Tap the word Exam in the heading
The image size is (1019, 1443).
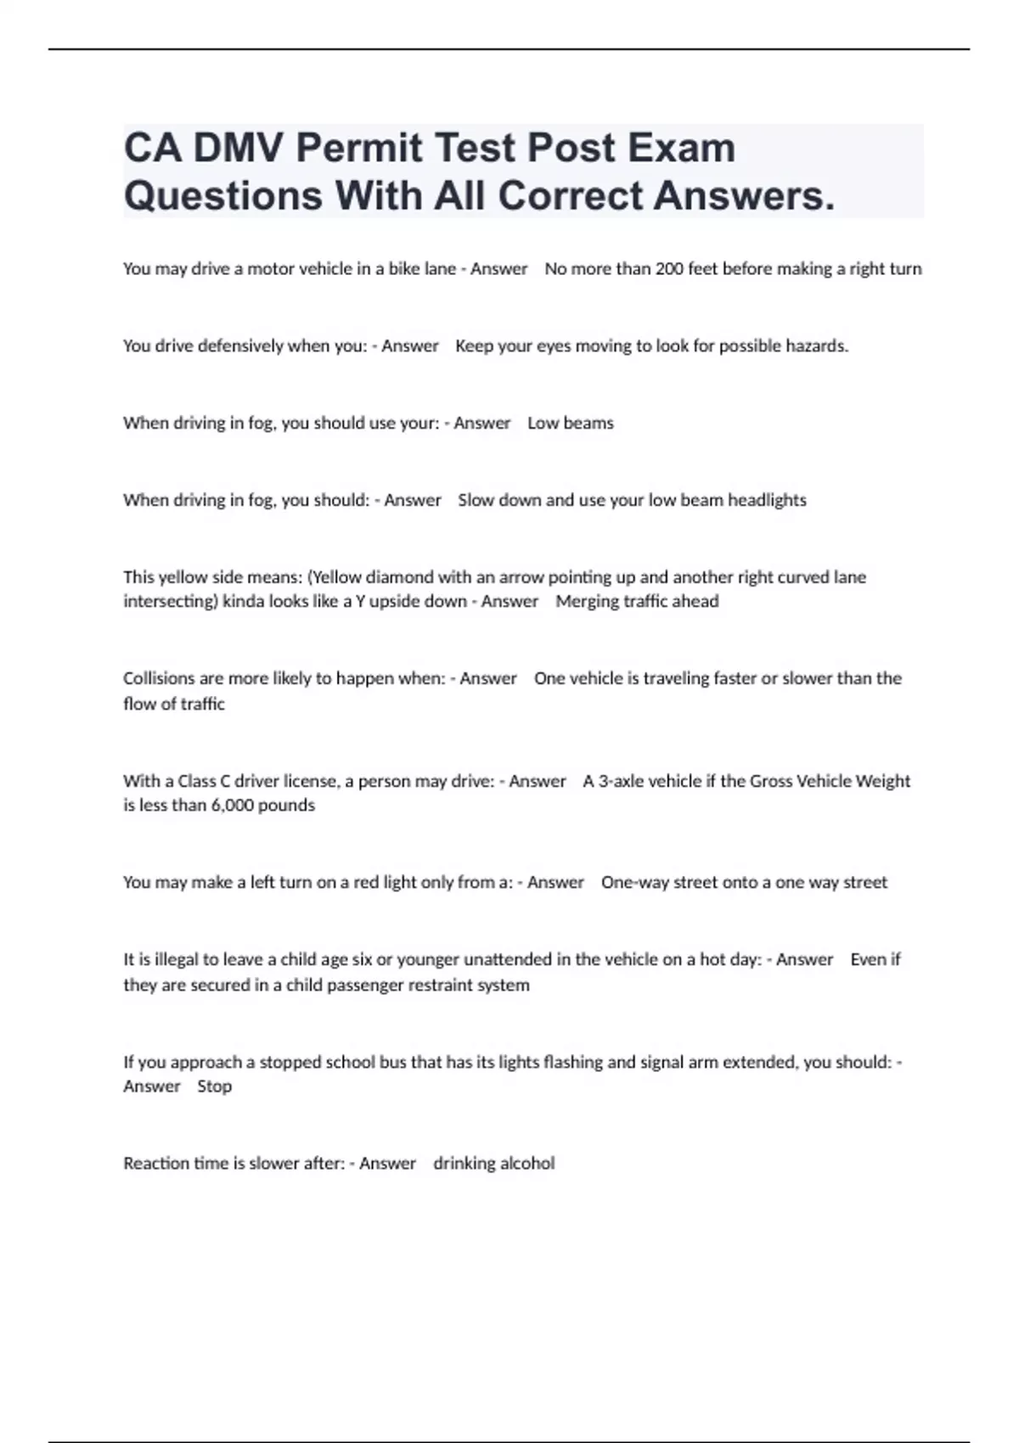click(x=682, y=148)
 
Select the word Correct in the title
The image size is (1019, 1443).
click(x=571, y=196)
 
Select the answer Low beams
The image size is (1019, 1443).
click(x=571, y=424)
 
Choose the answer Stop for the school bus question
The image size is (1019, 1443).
click(x=215, y=1086)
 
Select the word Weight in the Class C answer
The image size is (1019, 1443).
click(x=883, y=782)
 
